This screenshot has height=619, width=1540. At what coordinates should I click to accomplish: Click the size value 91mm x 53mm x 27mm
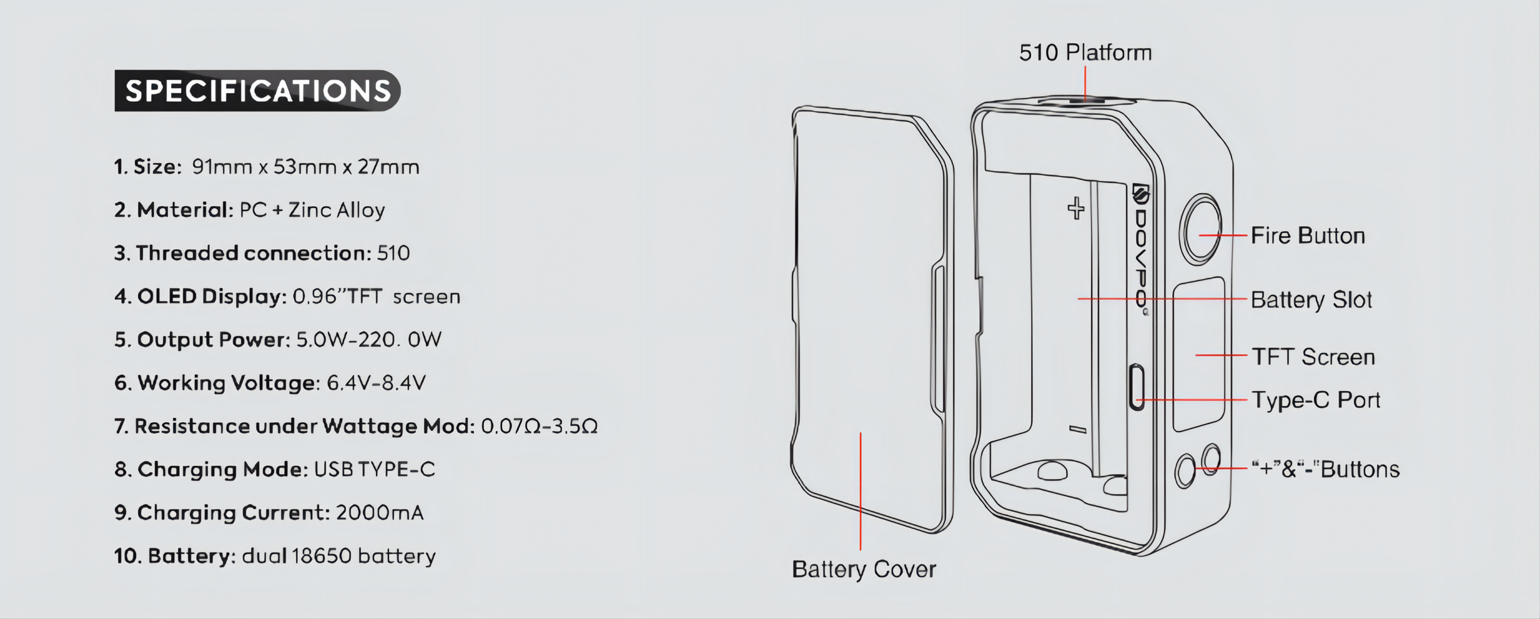coord(305,167)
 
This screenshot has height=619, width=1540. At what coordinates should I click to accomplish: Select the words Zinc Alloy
coord(336,210)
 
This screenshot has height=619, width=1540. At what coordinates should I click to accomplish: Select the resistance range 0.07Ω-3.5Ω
coord(539,426)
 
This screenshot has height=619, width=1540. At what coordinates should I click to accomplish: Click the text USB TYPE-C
coord(374,469)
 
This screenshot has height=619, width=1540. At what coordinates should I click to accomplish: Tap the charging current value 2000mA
coord(380,513)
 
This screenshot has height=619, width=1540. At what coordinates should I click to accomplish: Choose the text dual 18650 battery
coord(339,556)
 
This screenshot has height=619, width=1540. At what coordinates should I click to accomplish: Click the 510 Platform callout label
coord(1086,53)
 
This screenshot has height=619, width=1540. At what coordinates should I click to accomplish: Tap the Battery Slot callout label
coord(1312,300)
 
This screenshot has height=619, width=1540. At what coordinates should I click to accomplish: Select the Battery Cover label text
coord(864,570)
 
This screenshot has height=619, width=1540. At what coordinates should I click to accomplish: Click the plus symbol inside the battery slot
coord(1076,208)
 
